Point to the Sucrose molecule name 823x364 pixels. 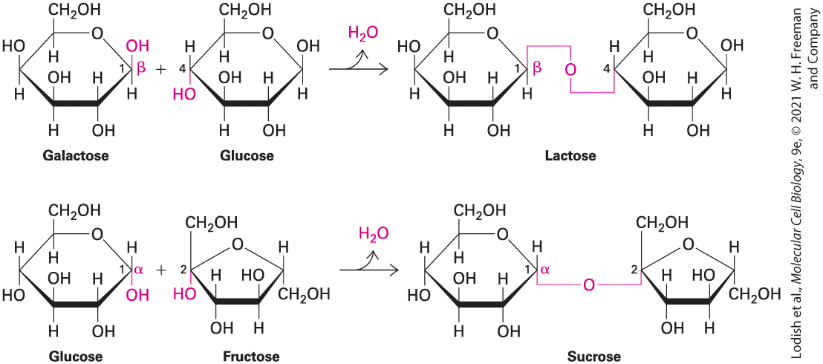click(592, 357)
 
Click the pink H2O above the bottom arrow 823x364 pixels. click(374, 233)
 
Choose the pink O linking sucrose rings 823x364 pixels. click(588, 285)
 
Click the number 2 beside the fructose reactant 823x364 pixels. click(183, 270)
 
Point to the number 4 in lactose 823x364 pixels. click(608, 69)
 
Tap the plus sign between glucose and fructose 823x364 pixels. click(161, 270)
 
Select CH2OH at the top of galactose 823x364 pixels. click(74, 10)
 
